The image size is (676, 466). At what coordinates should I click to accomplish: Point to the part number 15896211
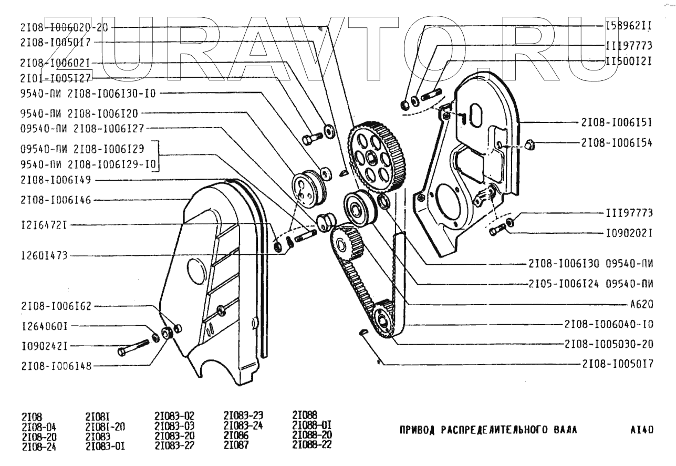(x=629, y=26)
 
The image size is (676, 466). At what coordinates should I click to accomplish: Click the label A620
(x=641, y=304)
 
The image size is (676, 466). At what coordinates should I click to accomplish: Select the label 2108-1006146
(x=56, y=200)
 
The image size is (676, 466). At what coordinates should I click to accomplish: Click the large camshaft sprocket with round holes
(x=377, y=158)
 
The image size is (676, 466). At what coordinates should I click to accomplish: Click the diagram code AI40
(x=641, y=430)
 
